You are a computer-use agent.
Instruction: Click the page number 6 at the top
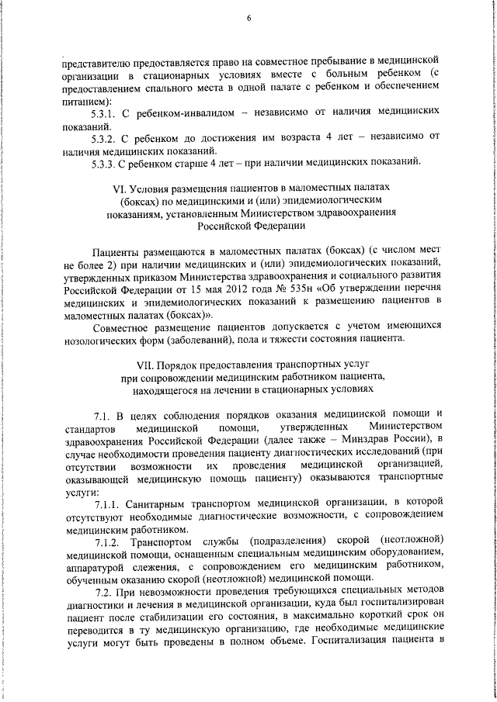(x=249, y=18)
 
